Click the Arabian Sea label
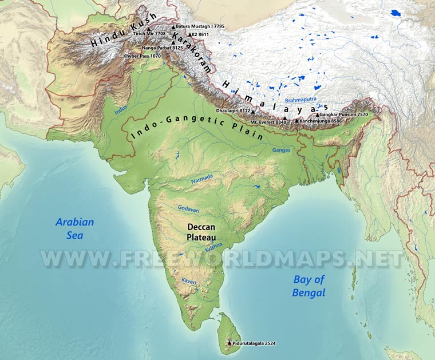pos(74,228)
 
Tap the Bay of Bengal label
pos(309,286)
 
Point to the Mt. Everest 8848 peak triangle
pos(284,118)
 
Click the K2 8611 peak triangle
pos(191,34)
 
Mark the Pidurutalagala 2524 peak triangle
pos(230,342)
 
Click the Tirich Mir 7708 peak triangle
pos(149,29)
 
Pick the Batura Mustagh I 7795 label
pos(200,26)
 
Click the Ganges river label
pos(281,150)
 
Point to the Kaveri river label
pos(189,280)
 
